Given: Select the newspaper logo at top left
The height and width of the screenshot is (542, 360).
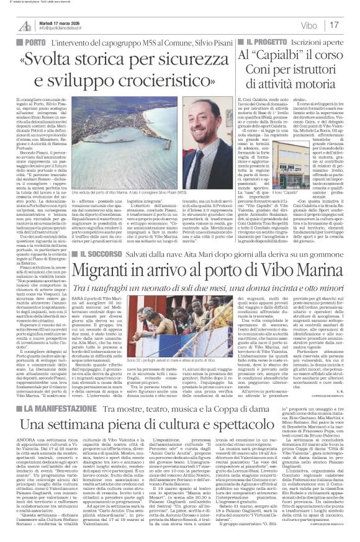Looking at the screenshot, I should [x=24, y=25].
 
